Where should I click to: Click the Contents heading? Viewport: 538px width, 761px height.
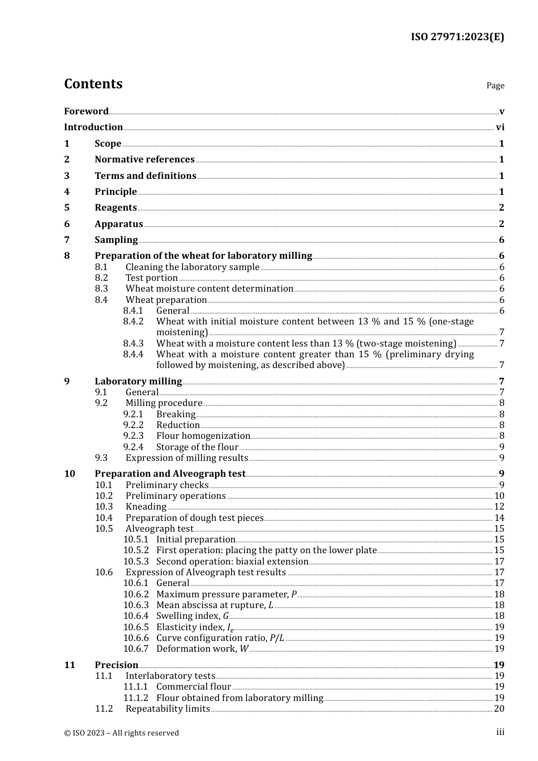93,84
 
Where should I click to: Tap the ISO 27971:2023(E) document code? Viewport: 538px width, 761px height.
457,37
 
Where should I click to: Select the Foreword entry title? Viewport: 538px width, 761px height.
86,111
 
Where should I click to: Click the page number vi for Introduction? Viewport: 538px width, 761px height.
500,127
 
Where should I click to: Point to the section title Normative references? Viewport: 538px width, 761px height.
144,160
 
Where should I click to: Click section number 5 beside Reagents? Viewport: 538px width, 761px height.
67,208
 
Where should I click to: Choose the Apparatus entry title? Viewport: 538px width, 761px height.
118,224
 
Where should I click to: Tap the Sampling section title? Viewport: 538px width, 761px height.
116,240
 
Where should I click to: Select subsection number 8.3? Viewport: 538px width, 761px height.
101,289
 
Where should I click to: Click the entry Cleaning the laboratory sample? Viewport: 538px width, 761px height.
192,267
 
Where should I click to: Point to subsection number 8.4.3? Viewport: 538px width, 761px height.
133,344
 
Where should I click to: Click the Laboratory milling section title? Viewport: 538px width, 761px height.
138,382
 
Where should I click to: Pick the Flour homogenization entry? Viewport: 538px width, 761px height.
203,436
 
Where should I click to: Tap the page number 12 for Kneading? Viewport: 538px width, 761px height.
499,507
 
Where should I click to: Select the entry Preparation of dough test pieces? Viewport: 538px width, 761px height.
194,518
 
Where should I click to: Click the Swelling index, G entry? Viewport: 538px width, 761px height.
193,616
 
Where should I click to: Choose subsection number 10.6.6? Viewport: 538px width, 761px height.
136,638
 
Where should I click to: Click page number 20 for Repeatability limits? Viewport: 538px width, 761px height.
499,709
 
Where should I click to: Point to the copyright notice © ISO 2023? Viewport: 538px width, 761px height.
121,733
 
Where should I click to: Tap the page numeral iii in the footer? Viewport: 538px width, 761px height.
500,732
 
